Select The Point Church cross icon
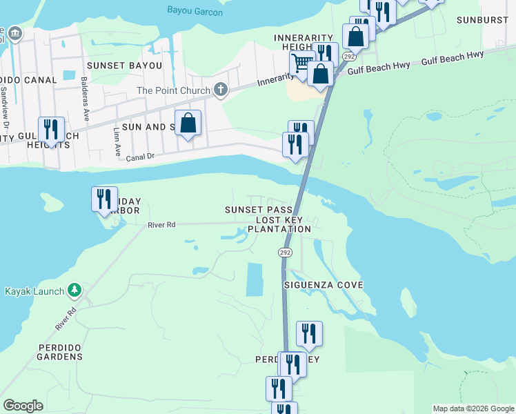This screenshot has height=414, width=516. [220, 90]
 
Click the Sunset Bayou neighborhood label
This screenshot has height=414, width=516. [123, 66]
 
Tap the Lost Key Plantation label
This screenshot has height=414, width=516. [279, 224]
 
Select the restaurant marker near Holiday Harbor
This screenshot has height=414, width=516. [104, 199]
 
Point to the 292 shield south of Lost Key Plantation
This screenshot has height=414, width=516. [284, 253]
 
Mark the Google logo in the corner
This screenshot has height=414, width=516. [23, 406]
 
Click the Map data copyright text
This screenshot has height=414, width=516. [473, 409]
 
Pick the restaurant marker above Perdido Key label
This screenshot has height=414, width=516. [309, 333]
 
